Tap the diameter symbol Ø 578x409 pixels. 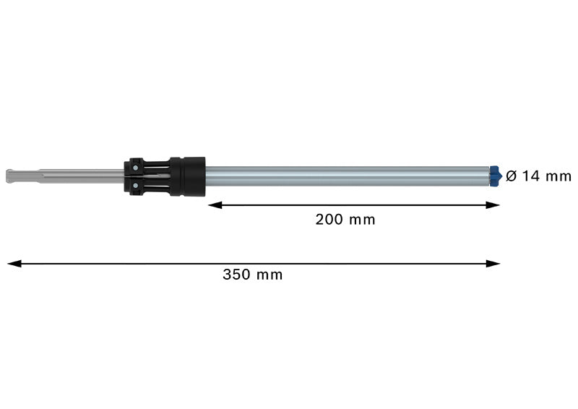[x=512, y=176]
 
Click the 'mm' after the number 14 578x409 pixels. [x=558, y=176]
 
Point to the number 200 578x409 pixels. [x=329, y=220]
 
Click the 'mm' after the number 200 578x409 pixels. [x=362, y=220]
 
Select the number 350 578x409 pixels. [x=236, y=275]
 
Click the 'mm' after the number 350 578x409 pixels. [x=269, y=275]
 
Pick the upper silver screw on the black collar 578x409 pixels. [x=135, y=167]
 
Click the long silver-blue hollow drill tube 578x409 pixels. [x=347, y=175]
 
